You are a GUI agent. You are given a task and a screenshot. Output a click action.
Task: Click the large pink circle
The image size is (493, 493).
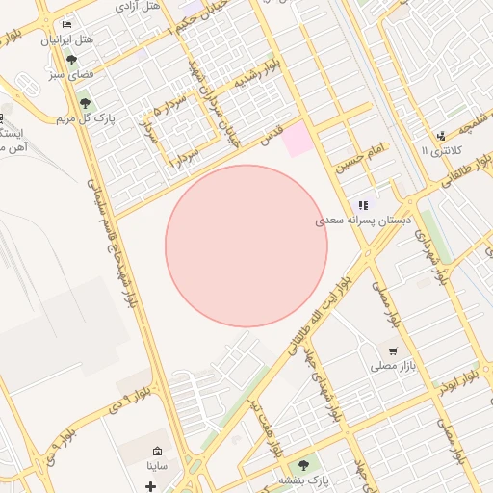pyautogui.click(x=246, y=246)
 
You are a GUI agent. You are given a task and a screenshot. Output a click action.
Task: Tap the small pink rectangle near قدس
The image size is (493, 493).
pyautogui.click(x=297, y=137)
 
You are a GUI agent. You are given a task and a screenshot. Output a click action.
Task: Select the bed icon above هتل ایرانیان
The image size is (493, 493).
pyautogui.click(x=65, y=24)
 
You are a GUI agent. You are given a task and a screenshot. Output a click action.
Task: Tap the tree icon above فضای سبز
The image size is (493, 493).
pyautogui.click(x=72, y=60)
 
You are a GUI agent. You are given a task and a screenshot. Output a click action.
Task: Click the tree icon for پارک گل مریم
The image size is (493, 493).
pyautogui.click(x=85, y=103)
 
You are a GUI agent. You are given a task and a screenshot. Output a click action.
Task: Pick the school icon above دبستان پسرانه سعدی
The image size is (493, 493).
pyautogui.click(x=363, y=204)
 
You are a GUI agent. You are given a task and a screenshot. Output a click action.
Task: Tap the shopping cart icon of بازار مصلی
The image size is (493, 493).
pyautogui.click(x=393, y=350)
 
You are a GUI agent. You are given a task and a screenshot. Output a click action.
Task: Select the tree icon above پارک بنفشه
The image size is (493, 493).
pyautogui.click(x=304, y=464)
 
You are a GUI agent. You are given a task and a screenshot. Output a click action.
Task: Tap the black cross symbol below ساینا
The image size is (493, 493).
pyautogui.click(x=150, y=485)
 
